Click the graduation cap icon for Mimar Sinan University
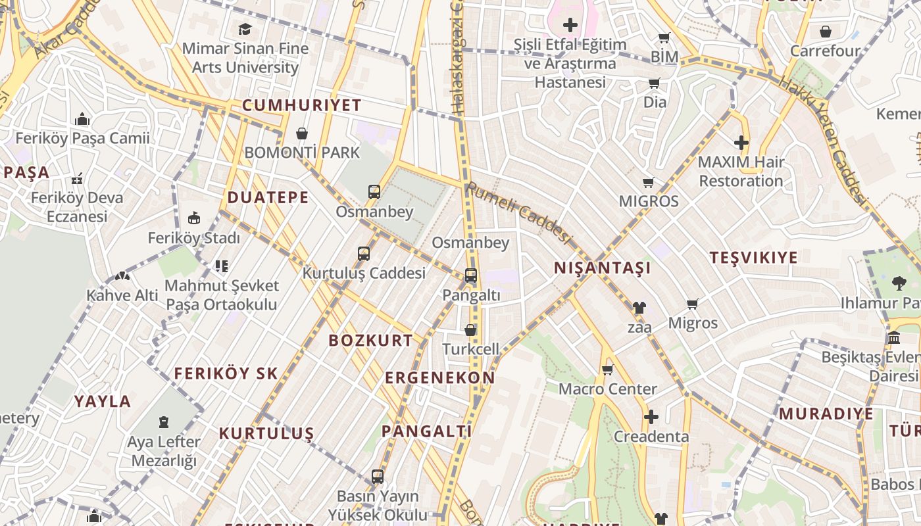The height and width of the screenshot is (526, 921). pyautogui.click(x=245, y=29)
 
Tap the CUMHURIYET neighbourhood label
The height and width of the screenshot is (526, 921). pyautogui.click(x=302, y=105)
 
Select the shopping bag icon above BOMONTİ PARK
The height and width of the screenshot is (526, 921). pyautogui.click(x=302, y=133)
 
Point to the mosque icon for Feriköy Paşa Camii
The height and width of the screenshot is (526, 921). pyautogui.click(x=82, y=119)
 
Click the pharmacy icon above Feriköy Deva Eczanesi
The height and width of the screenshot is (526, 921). pyautogui.click(x=77, y=178)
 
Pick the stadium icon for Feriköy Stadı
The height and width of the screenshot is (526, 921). pyautogui.click(x=194, y=218)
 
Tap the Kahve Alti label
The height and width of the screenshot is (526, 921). pyautogui.click(x=122, y=295)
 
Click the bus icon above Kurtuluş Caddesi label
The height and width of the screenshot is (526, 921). pyautogui.click(x=363, y=253)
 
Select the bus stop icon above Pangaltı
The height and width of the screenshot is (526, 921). pyautogui.click(x=471, y=275)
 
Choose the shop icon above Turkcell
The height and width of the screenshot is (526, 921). pyautogui.click(x=470, y=330)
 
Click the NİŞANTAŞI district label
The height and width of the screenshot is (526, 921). pyautogui.click(x=603, y=268)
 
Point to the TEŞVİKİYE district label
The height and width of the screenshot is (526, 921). pyautogui.click(x=753, y=258)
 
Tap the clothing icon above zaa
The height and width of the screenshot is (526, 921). pyautogui.click(x=639, y=307)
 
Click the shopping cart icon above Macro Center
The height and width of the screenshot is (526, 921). pyautogui.click(x=607, y=370)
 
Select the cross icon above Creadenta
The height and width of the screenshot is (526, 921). pyautogui.click(x=651, y=417)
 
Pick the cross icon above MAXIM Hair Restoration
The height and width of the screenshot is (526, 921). pyautogui.click(x=741, y=143)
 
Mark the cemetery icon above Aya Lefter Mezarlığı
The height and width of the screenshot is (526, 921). pyautogui.click(x=163, y=421)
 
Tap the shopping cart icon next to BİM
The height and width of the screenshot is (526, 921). pyautogui.click(x=664, y=38)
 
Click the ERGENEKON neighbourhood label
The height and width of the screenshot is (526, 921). pyautogui.click(x=439, y=378)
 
